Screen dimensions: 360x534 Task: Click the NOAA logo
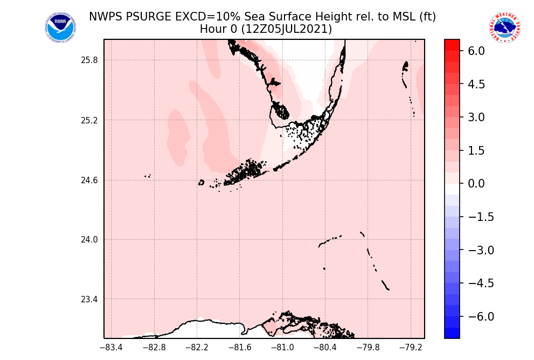point(60,28)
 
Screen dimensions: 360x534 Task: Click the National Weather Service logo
point(505,28)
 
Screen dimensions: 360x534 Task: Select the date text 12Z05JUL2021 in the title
point(287,29)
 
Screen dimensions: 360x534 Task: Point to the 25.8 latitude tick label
point(88,60)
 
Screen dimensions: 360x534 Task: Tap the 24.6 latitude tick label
point(88,180)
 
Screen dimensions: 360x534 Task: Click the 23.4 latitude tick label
point(88,300)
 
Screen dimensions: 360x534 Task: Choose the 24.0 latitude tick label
point(88,240)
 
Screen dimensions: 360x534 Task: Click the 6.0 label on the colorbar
point(476,51)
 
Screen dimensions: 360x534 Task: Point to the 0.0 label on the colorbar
point(476,184)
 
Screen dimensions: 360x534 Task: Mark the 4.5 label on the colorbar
point(476,84)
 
